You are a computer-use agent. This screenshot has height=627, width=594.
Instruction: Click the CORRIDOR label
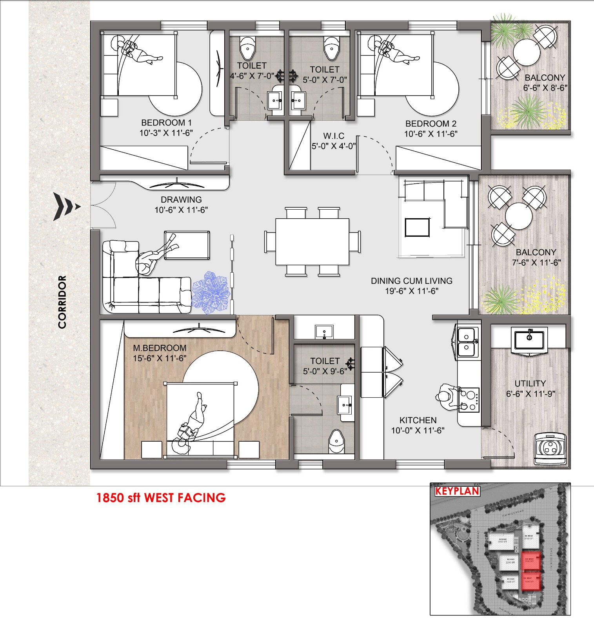click(x=62, y=302)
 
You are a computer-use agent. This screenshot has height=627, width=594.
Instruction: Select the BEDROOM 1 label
click(x=166, y=123)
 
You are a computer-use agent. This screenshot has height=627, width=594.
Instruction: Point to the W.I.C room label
click(x=334, y=136)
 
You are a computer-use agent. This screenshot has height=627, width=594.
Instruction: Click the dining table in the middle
click(x=312, y=242)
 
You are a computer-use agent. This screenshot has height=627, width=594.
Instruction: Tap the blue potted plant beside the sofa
click(x=211, y=292)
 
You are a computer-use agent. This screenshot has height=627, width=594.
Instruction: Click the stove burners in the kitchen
click(x=469, y=400)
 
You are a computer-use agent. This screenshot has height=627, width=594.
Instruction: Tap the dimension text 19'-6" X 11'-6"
click(x=412, y=291)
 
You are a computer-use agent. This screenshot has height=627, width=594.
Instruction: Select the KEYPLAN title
click(x=457, y=491)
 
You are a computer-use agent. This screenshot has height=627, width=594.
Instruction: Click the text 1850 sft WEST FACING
click(x=161, y=498)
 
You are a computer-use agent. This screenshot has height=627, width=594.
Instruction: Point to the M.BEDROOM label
click(x=160, y=348)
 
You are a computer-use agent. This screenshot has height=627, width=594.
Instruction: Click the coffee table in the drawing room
click(x=187, y=245)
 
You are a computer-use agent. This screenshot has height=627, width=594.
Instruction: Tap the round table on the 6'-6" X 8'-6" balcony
click(x=527, y=53)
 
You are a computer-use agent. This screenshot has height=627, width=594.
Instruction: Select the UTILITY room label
click(x=530, y=384)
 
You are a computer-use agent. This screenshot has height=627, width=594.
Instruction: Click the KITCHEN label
click(x=418, y=420)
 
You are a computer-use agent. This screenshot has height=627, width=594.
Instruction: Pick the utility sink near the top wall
click(x=529, y=340)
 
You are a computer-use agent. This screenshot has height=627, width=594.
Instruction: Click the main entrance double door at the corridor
click(x=103, y=205)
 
